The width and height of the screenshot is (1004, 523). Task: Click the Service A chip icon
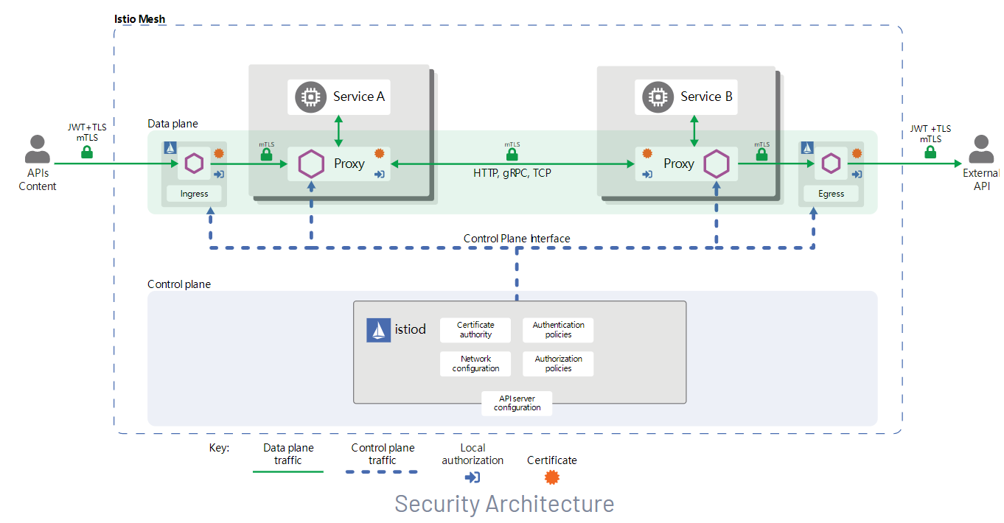[311, 96]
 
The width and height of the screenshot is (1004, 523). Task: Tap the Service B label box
[686, 96]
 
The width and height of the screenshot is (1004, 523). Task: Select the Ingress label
[194, 194]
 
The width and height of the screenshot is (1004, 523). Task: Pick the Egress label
[831, 194]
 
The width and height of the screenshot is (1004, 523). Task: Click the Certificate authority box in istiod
[475, 330]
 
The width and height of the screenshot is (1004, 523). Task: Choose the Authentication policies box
[558, 330]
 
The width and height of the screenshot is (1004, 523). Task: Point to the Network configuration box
[475, 364]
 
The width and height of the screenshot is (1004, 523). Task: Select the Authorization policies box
[558, 364]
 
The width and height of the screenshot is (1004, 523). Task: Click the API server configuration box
[517, 403]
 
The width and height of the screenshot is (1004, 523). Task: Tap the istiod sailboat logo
[379, 330]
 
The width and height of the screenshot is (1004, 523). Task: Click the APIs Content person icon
[37, 150]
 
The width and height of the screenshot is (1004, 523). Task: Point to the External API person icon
[981, 150]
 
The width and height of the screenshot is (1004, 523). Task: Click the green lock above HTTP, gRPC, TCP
[512, 155]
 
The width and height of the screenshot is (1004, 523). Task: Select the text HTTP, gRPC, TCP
[512, 174]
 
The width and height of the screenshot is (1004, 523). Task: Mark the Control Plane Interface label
[517, 239]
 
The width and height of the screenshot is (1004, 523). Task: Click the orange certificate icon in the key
[551, 477]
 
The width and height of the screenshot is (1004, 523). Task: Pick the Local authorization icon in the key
[473, 477]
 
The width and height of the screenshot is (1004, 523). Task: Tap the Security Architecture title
[504, 504]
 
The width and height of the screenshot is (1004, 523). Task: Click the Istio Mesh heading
[140, 19]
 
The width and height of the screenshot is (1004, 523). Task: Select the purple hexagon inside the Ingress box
[194, 163]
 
